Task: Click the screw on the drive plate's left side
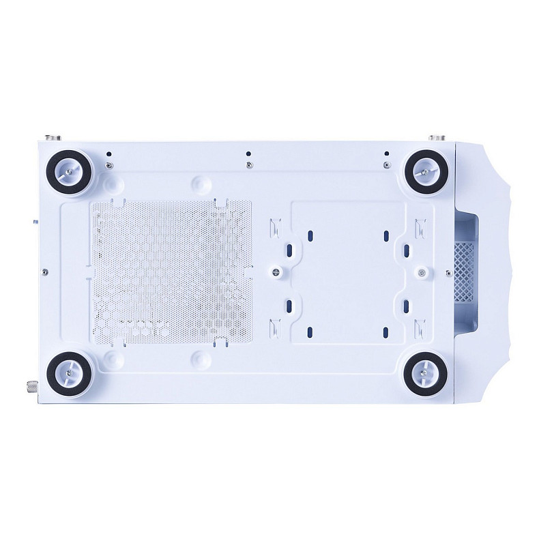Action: click(277, 272)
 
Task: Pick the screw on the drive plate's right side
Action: click(422, 273)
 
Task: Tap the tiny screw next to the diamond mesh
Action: click(448, 271)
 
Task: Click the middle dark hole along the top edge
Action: click(248, 154)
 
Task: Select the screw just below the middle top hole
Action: click(248, 164)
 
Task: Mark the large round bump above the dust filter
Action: click(197, 184)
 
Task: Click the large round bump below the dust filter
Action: click(197, 358)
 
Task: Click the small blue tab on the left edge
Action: click(35, 221)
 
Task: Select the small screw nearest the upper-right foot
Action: click(387, 164)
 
